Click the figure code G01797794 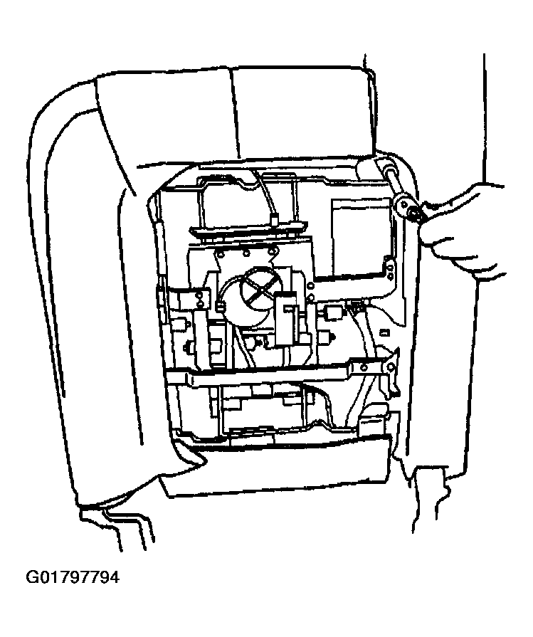point(73,577)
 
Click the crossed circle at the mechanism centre point(260,287)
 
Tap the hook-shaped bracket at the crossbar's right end point(389,372)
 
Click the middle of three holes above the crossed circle point(246,254)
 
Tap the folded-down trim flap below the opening point(276,467)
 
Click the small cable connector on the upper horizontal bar point(274,220)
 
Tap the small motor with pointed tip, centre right point(327,337)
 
